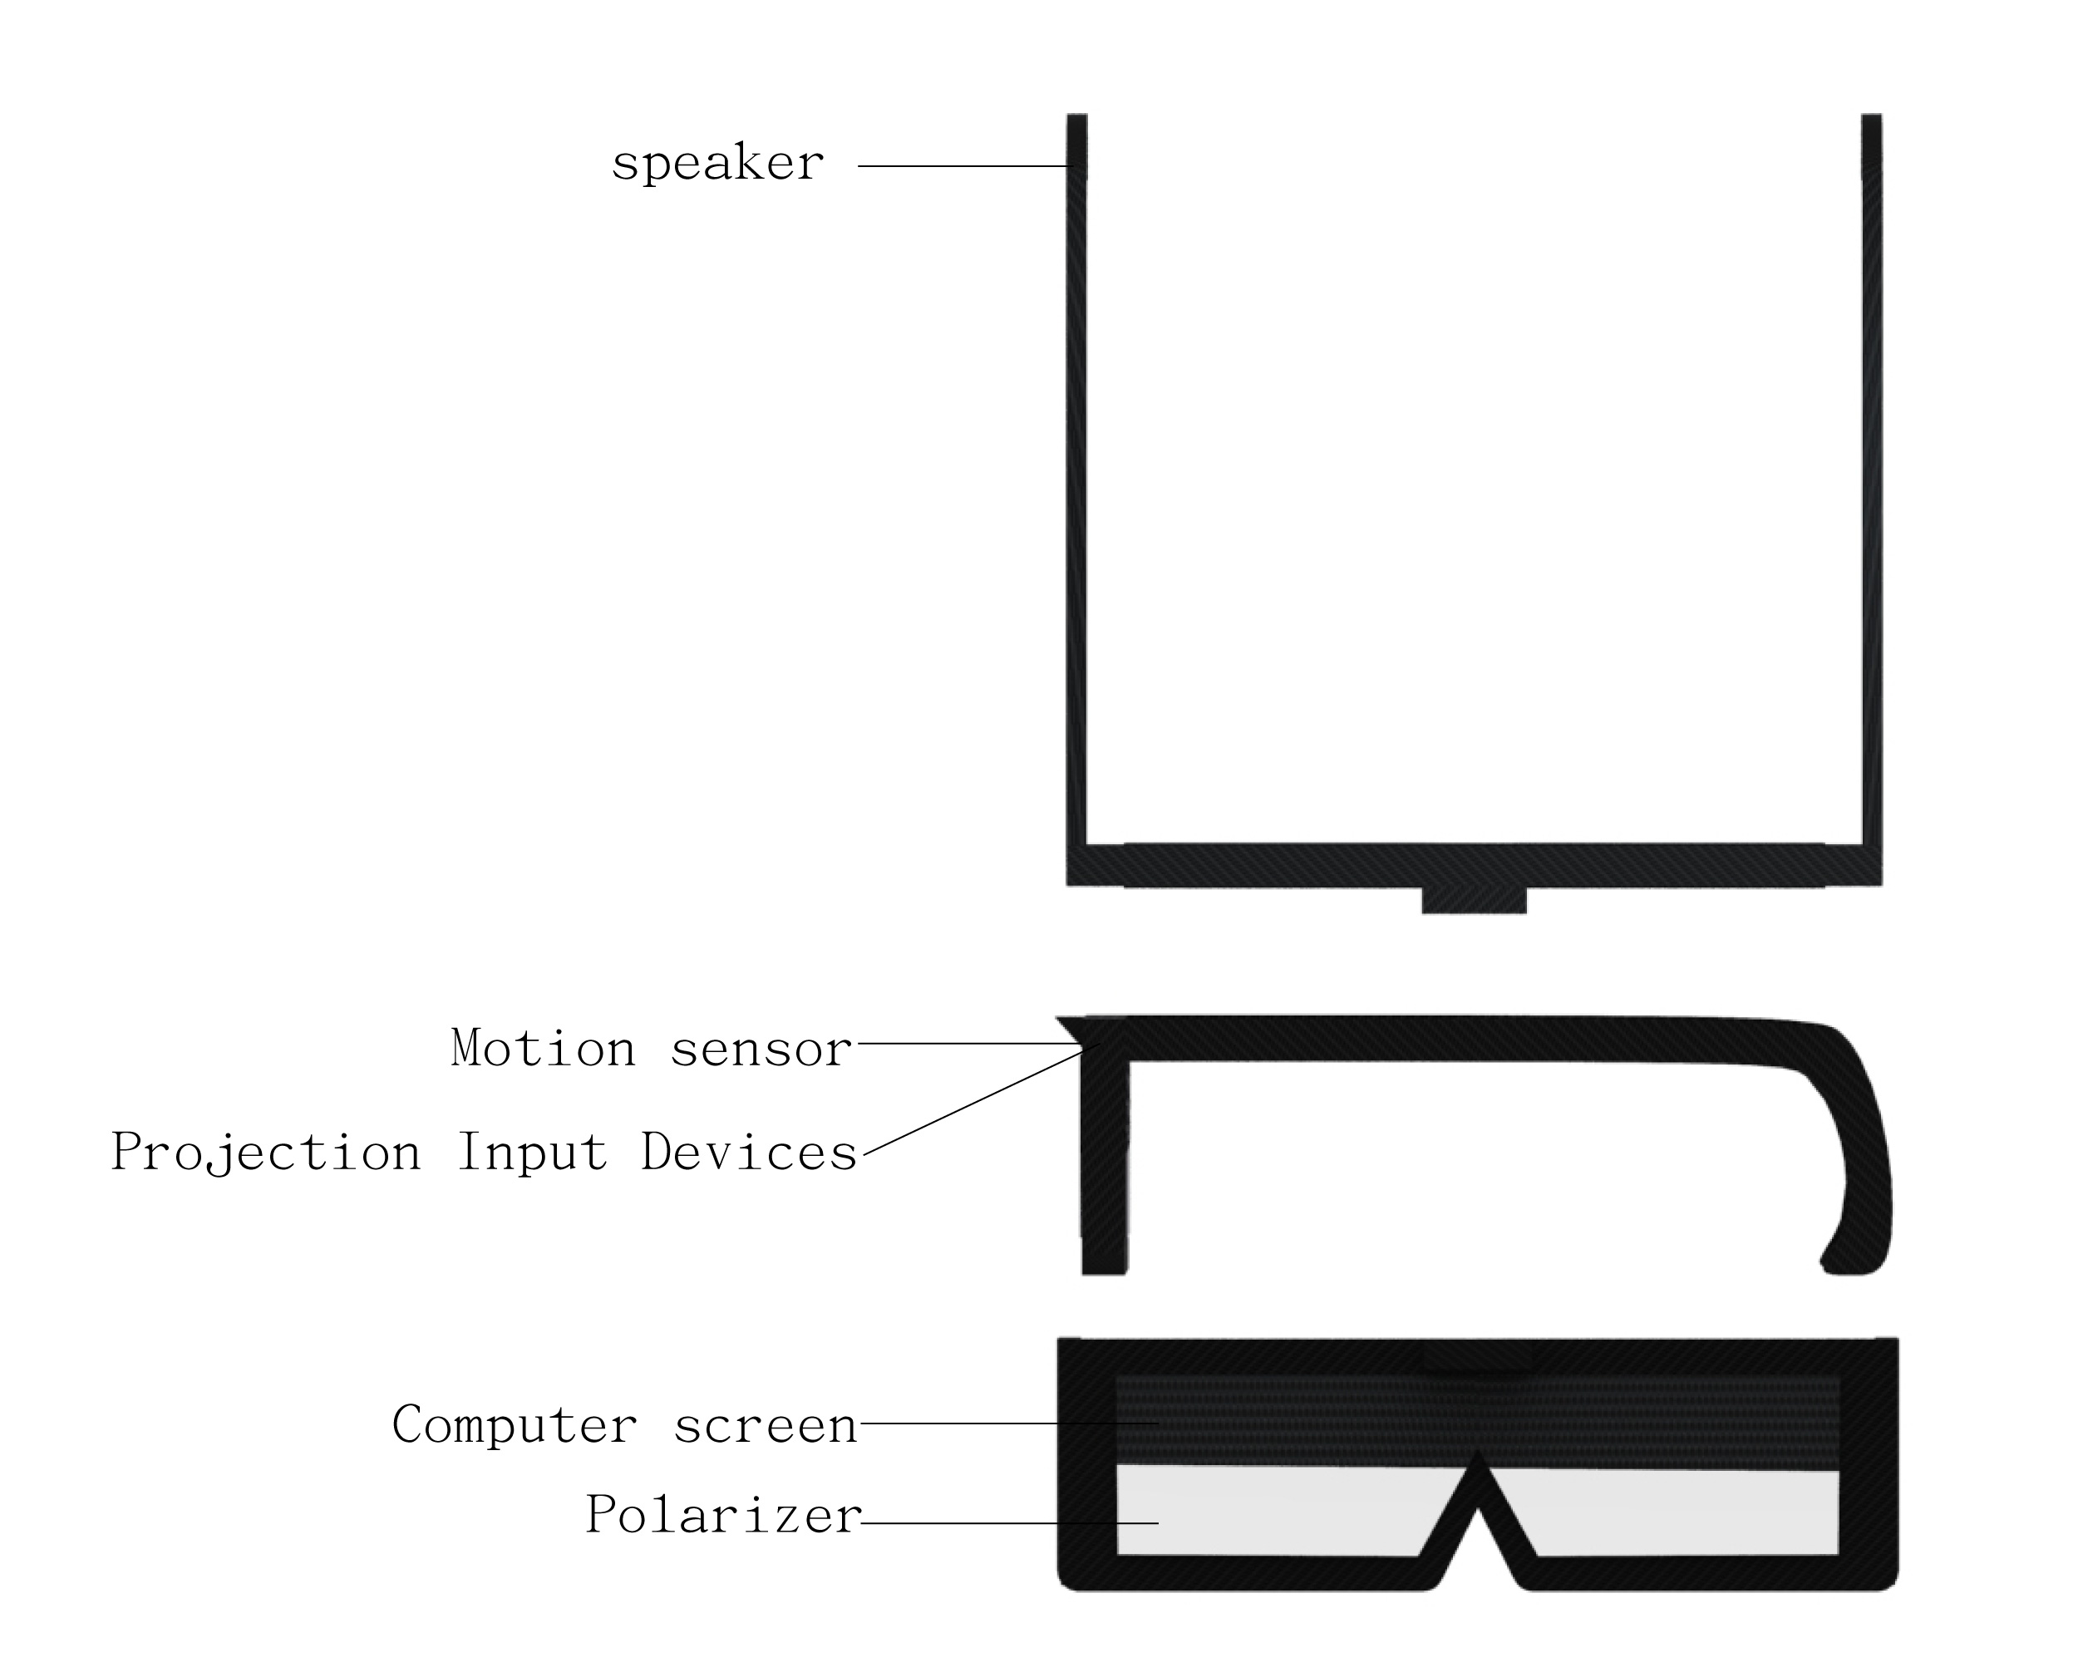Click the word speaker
click(x=718, y=164)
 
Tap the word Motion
click(x=544, y=1048)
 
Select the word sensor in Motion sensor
click(x=761, y=1048)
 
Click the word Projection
click(x=267, y=1153)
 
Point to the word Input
click(x=533, y=1153)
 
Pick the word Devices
click(x=750, y=1153)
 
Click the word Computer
click(x=515, y=1425)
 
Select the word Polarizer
click(x=724, y=1515)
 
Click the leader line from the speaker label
click(x=964, y=167)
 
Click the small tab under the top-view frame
click(x=1474, y=900)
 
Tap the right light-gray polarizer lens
click(x=1677, y=1512)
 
